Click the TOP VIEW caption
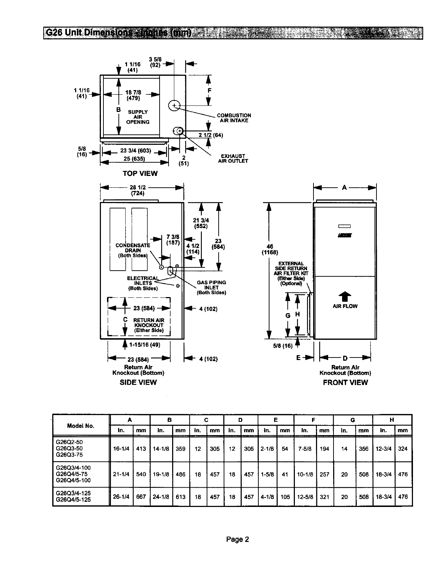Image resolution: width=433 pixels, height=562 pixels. (x=140, y=173)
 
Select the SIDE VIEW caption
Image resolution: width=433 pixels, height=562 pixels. (x=138, y=382)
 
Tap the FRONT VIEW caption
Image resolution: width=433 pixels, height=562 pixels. (x=345, y=382)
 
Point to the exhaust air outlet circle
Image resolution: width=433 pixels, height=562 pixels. (x=179, y=131)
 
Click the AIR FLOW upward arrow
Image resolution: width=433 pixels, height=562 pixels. (x=345, y=297)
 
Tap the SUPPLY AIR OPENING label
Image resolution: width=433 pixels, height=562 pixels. (x=138, y=117)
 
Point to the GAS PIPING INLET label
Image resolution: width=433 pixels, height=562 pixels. (x=211, y=287)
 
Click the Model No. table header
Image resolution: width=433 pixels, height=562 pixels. (x=81, y=426)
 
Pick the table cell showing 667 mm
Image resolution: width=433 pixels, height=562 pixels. (x=141, y=497)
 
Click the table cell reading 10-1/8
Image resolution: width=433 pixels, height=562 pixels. (x=305, y=474)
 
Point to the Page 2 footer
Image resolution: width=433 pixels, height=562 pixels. (x=237, y=539)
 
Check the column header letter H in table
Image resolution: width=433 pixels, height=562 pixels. (x=392, y=420)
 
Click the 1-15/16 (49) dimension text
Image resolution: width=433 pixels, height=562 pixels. (x=145, y=345)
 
